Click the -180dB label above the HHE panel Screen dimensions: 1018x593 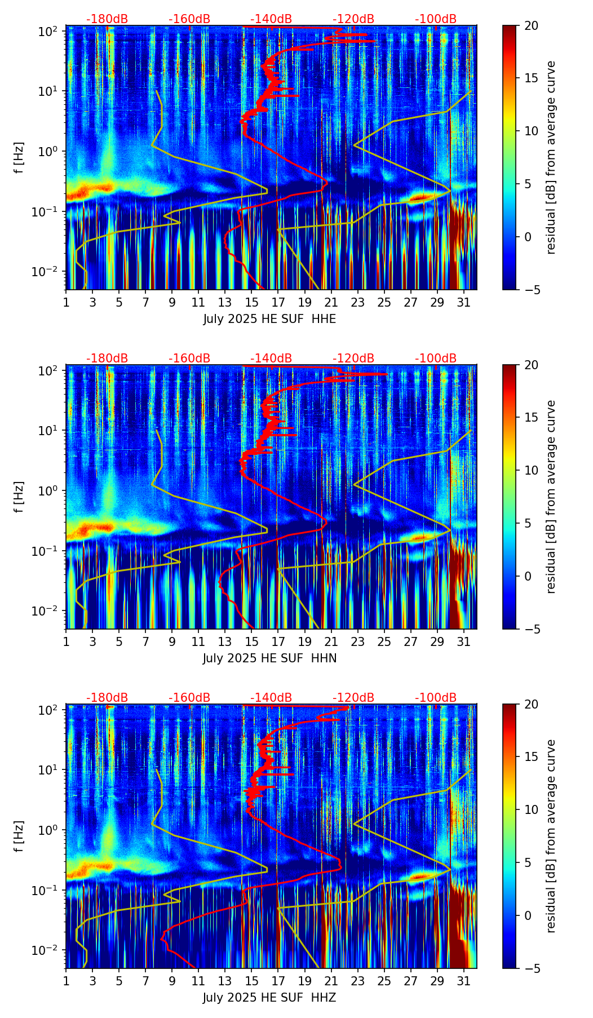click(107, 19)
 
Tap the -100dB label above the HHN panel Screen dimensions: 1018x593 click(436, 358)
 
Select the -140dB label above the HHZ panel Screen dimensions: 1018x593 click(271, 698)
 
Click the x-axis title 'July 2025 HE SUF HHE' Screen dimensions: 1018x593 click(269, 319)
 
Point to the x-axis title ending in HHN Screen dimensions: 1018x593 click(269, 658)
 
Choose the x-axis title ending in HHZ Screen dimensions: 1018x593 click(269, 998)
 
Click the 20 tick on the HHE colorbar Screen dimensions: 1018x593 click(530, 25)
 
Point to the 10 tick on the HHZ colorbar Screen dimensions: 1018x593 click(530, 809)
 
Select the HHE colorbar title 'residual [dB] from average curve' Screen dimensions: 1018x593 click(551, 157)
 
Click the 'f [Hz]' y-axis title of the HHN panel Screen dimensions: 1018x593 click(19, 497)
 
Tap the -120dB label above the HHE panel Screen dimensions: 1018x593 click(353, 19)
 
